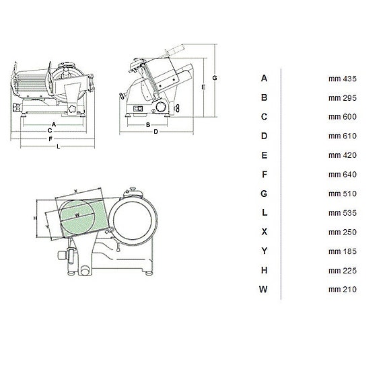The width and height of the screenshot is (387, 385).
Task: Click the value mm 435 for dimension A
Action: (x=342, y=79)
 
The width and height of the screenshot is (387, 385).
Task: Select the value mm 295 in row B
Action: (x=342, y=98)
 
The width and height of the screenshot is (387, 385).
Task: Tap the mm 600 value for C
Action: (x=342, y=117)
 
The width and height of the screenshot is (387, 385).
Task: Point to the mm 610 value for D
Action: (x=342, y=136)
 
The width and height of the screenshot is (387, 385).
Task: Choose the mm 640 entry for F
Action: (x=342, y=175)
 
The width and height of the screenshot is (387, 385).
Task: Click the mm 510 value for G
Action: (x=342, y=194)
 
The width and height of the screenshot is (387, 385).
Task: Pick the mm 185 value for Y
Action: (x=342, y=251)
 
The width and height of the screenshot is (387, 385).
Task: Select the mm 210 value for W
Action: (x=342, y=290)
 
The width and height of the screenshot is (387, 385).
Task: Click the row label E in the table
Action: (x=265, y=155)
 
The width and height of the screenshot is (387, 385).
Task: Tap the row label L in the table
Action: (x=265, y=213)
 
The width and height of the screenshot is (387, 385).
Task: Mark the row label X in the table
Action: (x=265, y=232)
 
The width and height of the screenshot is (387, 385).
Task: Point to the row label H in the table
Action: (x=265, y=270)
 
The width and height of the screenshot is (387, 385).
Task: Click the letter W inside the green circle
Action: (x=78, y=215)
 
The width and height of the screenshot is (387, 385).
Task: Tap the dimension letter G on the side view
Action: (x=213, y=78)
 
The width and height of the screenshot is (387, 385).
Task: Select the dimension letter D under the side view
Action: (x=155, y=132)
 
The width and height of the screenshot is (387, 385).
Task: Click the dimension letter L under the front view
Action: (x=59, y=146)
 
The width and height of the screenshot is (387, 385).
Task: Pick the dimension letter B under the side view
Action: (x=147, y=124)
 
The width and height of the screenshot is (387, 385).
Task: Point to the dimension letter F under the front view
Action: (x=51, y=138)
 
